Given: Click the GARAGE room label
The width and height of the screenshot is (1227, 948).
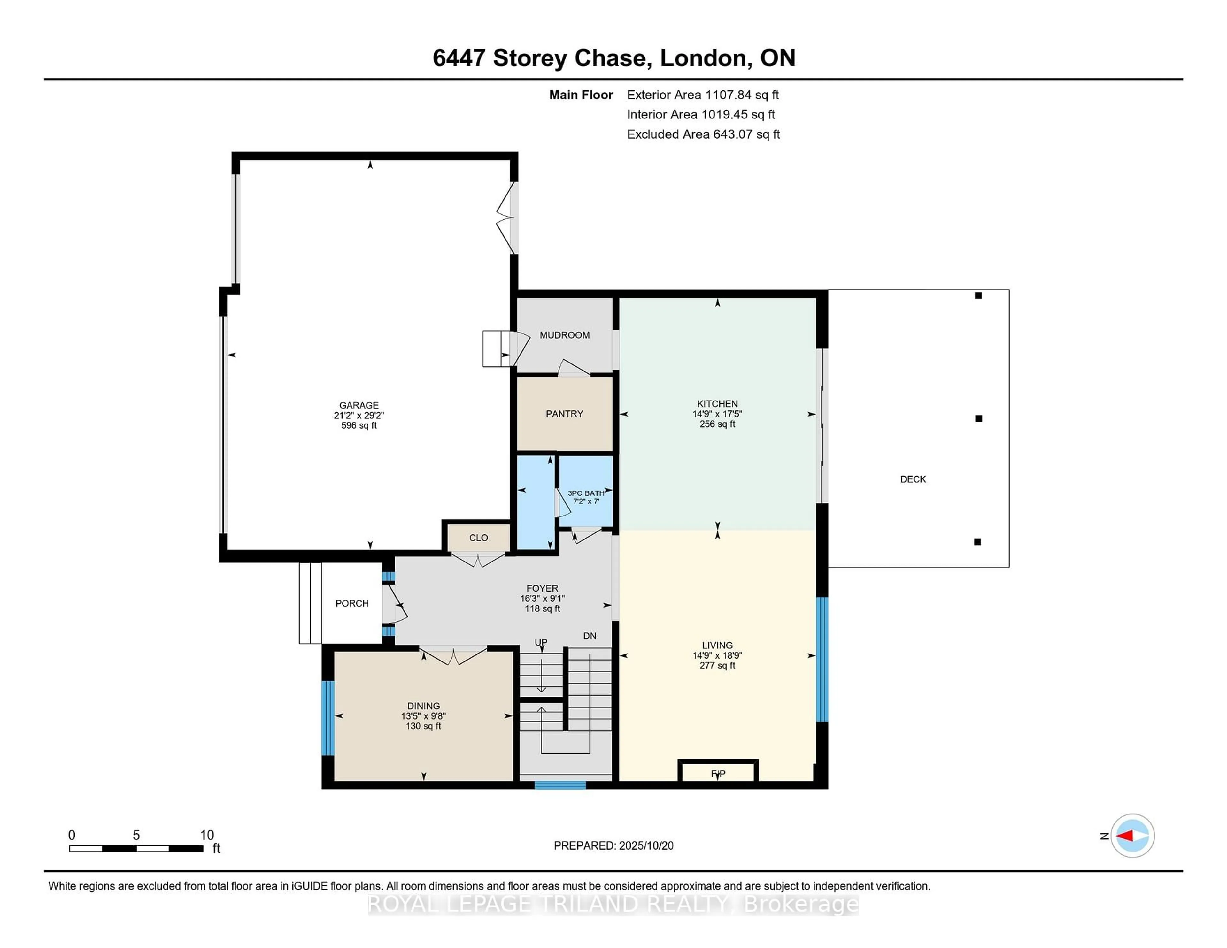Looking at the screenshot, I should pos(359,405).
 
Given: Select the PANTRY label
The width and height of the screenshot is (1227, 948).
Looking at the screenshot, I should pos(564,414).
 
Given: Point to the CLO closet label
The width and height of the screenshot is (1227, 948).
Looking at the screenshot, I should pos(478,538).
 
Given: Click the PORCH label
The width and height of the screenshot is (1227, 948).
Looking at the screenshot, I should pos(352,603).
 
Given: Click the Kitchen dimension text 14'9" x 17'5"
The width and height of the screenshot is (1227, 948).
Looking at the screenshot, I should pos(717,414).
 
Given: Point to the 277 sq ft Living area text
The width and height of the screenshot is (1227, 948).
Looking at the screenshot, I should pos(717,666).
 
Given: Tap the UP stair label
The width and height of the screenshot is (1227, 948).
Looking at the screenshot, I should pos(540,642).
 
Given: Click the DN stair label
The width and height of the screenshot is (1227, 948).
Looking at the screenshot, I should pos(589,636).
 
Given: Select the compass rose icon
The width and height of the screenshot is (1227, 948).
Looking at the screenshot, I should pos(1132,836).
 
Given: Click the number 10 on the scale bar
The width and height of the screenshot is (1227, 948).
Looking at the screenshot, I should pos(207,835).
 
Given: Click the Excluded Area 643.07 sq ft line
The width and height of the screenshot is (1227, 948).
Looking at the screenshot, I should pos(703,134).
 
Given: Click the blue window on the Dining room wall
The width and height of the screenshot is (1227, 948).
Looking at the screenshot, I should pos(328,718).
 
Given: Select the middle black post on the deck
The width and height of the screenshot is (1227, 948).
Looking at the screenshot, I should pos(978,418).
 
